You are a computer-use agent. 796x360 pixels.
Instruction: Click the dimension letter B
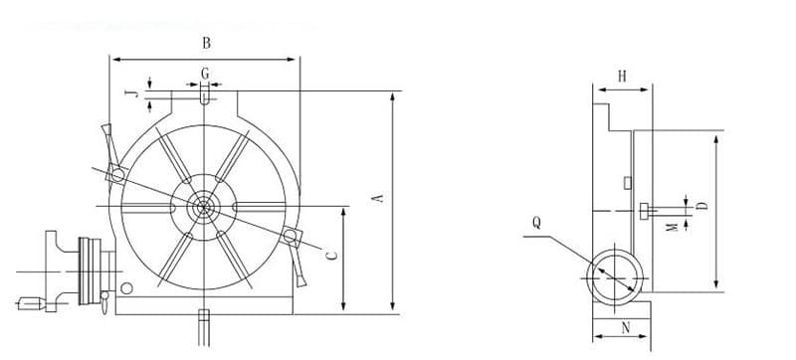(x=206, y=43)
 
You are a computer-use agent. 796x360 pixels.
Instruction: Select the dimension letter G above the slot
(x=205, y=74)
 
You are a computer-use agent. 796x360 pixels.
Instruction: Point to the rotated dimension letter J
(x=131, y=93)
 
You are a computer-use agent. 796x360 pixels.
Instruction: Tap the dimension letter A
(x=378, y=198)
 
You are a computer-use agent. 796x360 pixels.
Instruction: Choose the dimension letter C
(x=332, y=256)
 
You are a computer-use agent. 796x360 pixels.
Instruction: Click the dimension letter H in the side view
(x=622, y=76)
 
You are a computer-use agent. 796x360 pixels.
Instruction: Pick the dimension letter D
(x=702, y=205)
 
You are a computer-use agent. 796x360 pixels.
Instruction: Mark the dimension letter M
(x=673, y=227)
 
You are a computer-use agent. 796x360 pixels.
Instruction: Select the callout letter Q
(x=536, y=223)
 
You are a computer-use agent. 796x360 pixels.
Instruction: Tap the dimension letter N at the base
(x=626, y=328)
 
